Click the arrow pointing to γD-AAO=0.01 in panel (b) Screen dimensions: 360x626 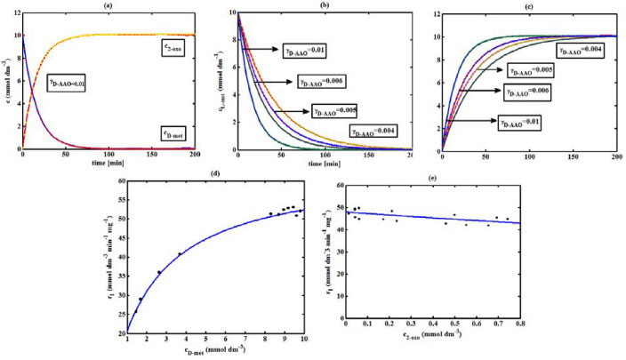263,51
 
